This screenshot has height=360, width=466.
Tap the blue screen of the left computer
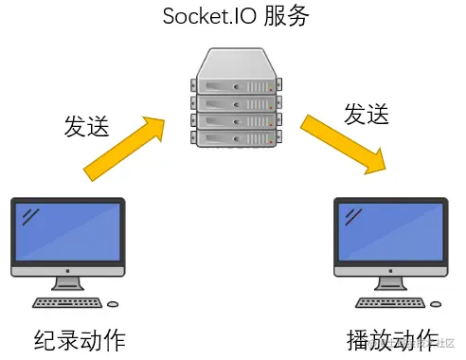coord(67,233)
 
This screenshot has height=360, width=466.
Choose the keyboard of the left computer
coord(67,303)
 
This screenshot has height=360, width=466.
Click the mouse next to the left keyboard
coord(114,304)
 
